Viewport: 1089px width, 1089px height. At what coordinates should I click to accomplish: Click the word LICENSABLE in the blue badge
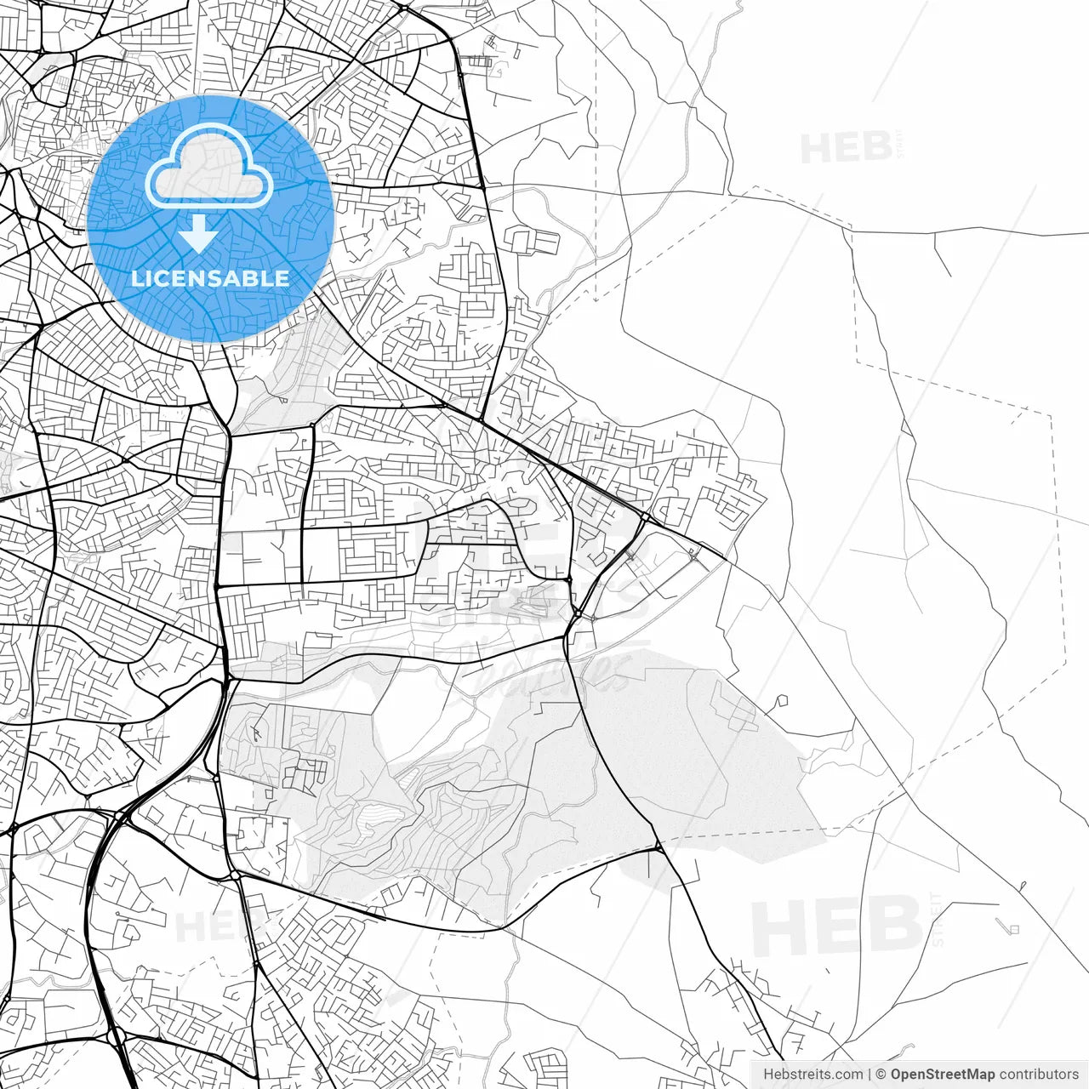point(209,278)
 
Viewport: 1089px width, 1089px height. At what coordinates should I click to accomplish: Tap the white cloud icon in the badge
point(209,168)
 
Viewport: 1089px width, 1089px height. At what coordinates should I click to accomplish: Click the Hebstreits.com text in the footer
point(812,1074)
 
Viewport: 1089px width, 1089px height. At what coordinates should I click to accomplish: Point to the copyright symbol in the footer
point(882,1074)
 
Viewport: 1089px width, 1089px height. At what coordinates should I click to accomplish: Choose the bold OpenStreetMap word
point(943,1074)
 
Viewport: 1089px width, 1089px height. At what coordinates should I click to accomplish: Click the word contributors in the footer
point(1038,1074)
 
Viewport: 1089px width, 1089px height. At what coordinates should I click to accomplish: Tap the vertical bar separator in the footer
point(869,1074)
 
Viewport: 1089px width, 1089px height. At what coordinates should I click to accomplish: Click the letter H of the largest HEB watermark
point(780,929)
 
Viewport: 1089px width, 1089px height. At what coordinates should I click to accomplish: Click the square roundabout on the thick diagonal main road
point(646,516)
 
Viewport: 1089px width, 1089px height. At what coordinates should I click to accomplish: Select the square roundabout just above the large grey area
point(578,613)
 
